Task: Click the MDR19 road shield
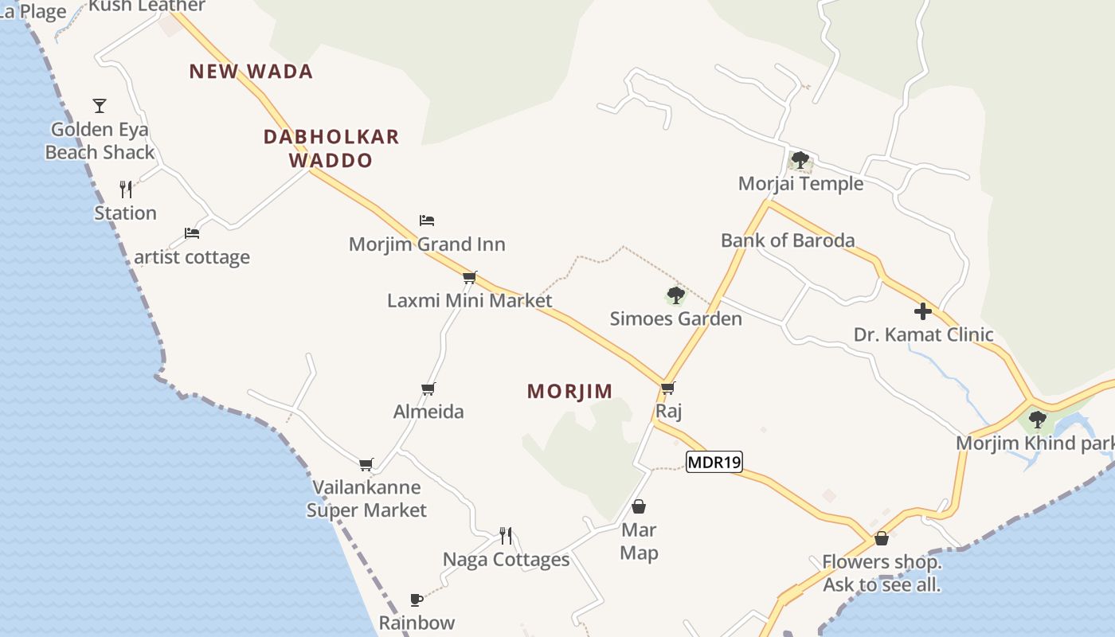(x=714, y=462)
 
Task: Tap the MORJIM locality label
(x=569, y=391)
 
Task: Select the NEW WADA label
(x=251, y=72)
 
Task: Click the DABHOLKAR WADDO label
(x=331, y=148)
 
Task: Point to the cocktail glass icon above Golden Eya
(x=100, y=105)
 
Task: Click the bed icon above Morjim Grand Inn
(x=427, y=220)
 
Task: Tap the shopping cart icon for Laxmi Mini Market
(x=470, y=277)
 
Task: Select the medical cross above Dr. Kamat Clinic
(x=923, y=311)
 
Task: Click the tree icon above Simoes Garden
(x=676, y=295)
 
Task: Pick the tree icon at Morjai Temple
(x=800, y=160)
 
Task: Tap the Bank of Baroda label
(x=788, y=240)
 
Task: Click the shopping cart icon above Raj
(x=667, y=388)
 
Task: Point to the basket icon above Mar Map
(x=639, y=506)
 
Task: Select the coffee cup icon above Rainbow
(x=416, y=600)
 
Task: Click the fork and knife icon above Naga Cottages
(x=506, y=535)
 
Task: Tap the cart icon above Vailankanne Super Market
(x=366, y=464)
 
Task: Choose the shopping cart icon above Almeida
(x=428, y=389)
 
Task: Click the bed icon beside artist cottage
(x=192, y=233)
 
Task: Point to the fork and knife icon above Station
(x=126, y=189)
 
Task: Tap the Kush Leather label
(x=147, y=6)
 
